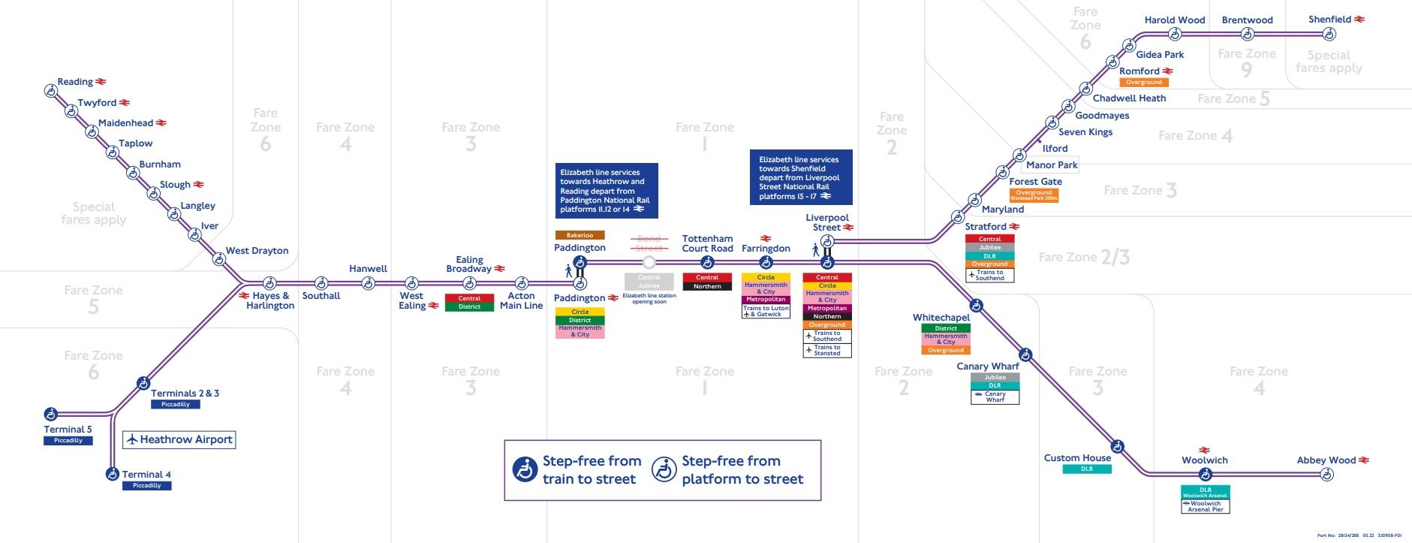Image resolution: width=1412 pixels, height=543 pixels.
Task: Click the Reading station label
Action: pyautogui.click(x=75, y=82)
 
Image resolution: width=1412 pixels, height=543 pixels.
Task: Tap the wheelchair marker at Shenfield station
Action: pyautogui.click(x=1329, y=34)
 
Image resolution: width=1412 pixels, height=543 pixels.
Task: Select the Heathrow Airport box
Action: pyautogui.click(x=179, y=439)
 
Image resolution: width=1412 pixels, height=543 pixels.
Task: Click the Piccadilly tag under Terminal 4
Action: pyautogui.click(x=147, y=486)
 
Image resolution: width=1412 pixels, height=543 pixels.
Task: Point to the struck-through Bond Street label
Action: pyautogui.click(x=649, y=243)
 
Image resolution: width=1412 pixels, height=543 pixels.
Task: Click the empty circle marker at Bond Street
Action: pyautogui.click(x=649, y=262)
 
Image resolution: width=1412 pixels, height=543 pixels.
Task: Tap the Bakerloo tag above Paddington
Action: pyautogui.click(x=580, y=235)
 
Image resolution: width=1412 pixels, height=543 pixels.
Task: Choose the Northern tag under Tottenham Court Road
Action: pyautogui.click(x=707, y=286)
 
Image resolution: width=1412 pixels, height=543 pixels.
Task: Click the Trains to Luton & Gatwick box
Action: pyautogui.click(x=766, y=311)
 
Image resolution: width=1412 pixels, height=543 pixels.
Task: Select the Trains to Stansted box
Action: pyautogui.click(x=827, y=350)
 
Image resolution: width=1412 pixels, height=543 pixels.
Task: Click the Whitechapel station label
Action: pyautogui.click(x=941, y=318)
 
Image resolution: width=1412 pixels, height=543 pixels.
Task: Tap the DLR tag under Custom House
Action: pyautogui.click(x=1087, y=469)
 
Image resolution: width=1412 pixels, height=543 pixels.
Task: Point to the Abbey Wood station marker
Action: pyautogui.click(x=1327, y=474)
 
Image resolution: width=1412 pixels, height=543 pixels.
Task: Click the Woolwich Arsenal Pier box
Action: pyautogui.click(x=1206, y=506)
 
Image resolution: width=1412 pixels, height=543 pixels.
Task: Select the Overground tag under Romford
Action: pyautogui.click(x=1144, y=83)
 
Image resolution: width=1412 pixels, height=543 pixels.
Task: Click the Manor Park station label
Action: pyautogui.click(x=1052, y=165)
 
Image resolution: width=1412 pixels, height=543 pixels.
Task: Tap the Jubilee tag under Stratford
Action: pyautogui.click(x=989, y=248)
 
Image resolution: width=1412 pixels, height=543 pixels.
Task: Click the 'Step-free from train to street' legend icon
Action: pyautogui.click(x=525, y=469)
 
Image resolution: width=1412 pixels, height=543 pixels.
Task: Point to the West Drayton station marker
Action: pyautogui.click(x=219, y=259)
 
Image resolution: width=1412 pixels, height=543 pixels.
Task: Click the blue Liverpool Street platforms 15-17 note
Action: pyautogui.click(x=801, y=177)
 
